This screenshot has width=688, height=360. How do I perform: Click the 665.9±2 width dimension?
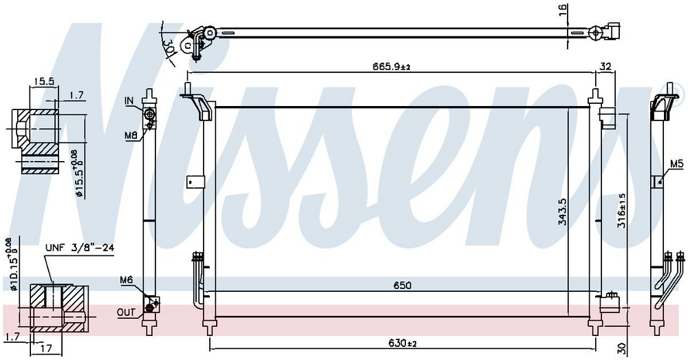tap(391, 67)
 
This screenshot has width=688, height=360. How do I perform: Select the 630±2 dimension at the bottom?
tap(402, 343)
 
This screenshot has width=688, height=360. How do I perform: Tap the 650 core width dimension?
tap(402, 286)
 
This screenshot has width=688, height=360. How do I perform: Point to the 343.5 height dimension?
tap(563, 211)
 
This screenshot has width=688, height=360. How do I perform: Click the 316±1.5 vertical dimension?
tap(621, 211)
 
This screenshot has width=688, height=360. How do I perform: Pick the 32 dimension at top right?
tap(605, 67)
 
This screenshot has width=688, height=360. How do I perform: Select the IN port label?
tap(129, 101)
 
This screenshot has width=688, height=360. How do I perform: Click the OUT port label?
tap(126, 313)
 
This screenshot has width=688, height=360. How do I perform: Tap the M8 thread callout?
tap(131, 136)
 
